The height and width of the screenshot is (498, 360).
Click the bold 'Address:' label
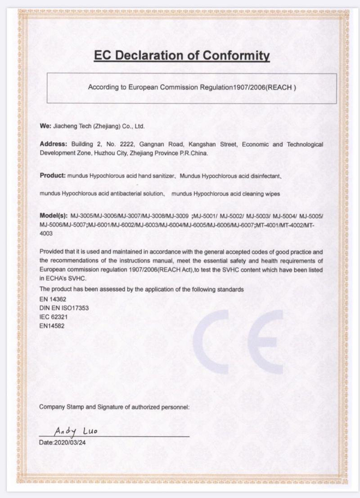coord(53,145)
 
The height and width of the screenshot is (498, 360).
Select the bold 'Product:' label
coord(52,175)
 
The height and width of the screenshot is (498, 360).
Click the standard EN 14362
coord(52,298)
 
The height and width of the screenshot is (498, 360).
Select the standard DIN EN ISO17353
coord(64,308)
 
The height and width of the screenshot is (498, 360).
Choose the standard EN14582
coord(52,325)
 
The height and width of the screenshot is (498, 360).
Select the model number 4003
coord(46,234)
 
